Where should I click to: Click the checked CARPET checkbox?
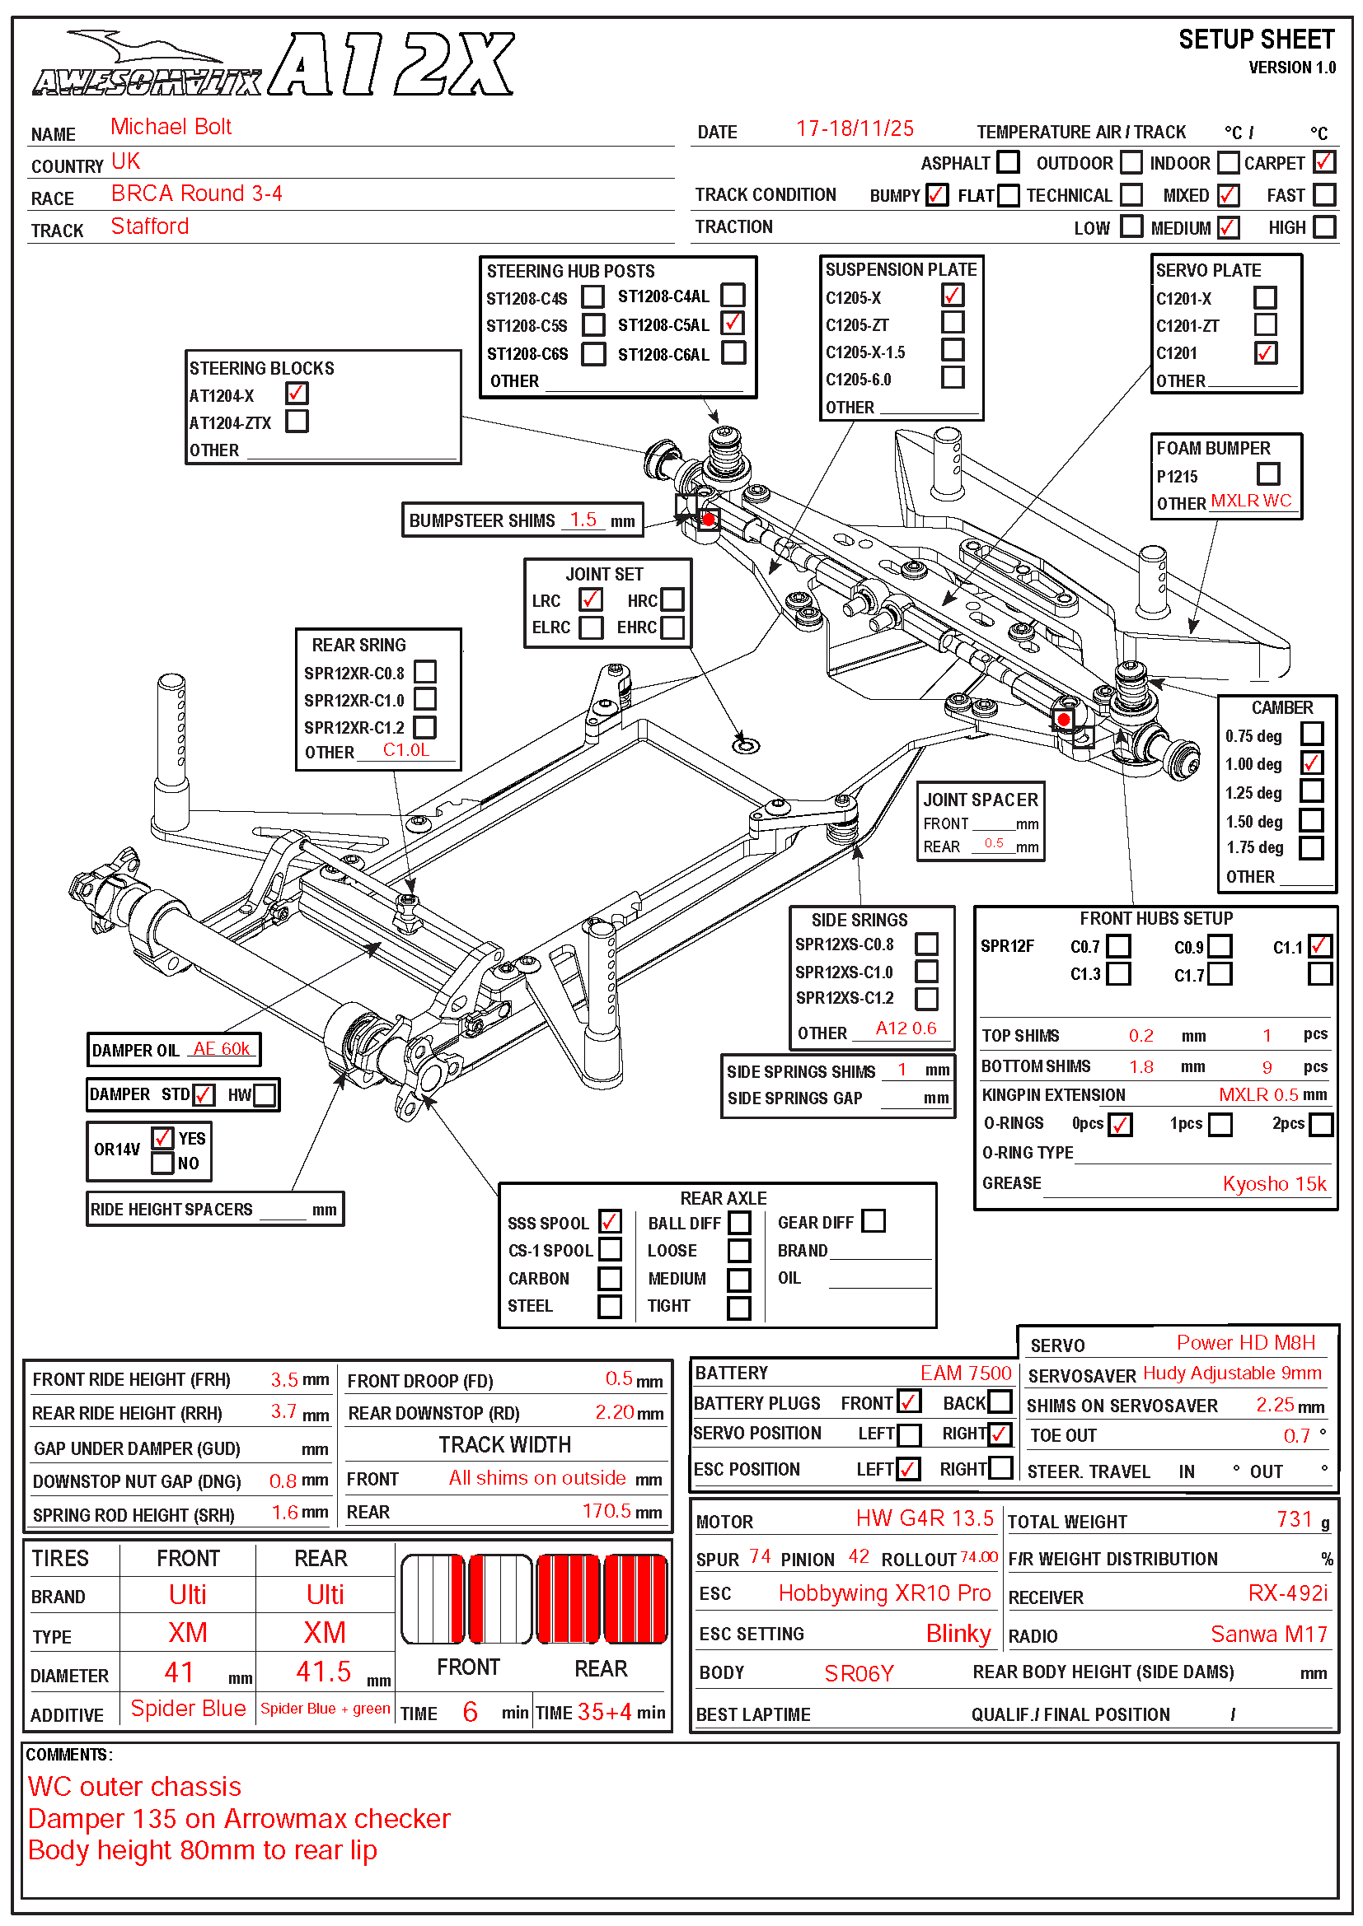1324,161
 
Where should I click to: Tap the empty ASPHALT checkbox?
1008,161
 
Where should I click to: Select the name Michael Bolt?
171,127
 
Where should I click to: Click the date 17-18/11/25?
855,128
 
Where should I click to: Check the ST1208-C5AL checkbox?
733,323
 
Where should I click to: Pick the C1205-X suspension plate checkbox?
953,296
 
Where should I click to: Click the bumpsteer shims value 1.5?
583,520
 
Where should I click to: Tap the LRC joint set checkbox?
590,599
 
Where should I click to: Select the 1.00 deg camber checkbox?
1312,762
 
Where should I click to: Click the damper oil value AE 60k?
222,1048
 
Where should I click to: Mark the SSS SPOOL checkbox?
610,1221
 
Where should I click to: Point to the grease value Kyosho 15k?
1274,1183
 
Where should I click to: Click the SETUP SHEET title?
1256,40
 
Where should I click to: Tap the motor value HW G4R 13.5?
924,1518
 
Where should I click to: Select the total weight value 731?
1293,1519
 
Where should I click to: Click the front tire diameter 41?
179,1672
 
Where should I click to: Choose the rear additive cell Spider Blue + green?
325,1709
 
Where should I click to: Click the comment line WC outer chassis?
134,1786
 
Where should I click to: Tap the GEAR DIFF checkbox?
874,1220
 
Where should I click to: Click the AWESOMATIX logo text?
147,82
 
